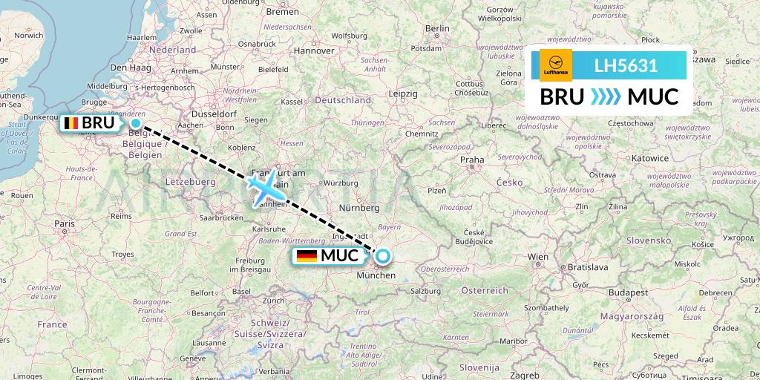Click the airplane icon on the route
click(265, 187)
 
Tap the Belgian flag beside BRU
click(72, 123)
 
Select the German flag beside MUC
click(307, 256)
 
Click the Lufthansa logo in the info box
click(556, 66)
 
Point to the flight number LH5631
click(626, 66)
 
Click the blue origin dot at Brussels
click(136, 123)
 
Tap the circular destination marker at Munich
click(382, 257)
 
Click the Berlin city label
click(437, 28)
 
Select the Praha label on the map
click(472, 159)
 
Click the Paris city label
click(64, 223)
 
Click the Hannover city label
click(314, 50)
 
